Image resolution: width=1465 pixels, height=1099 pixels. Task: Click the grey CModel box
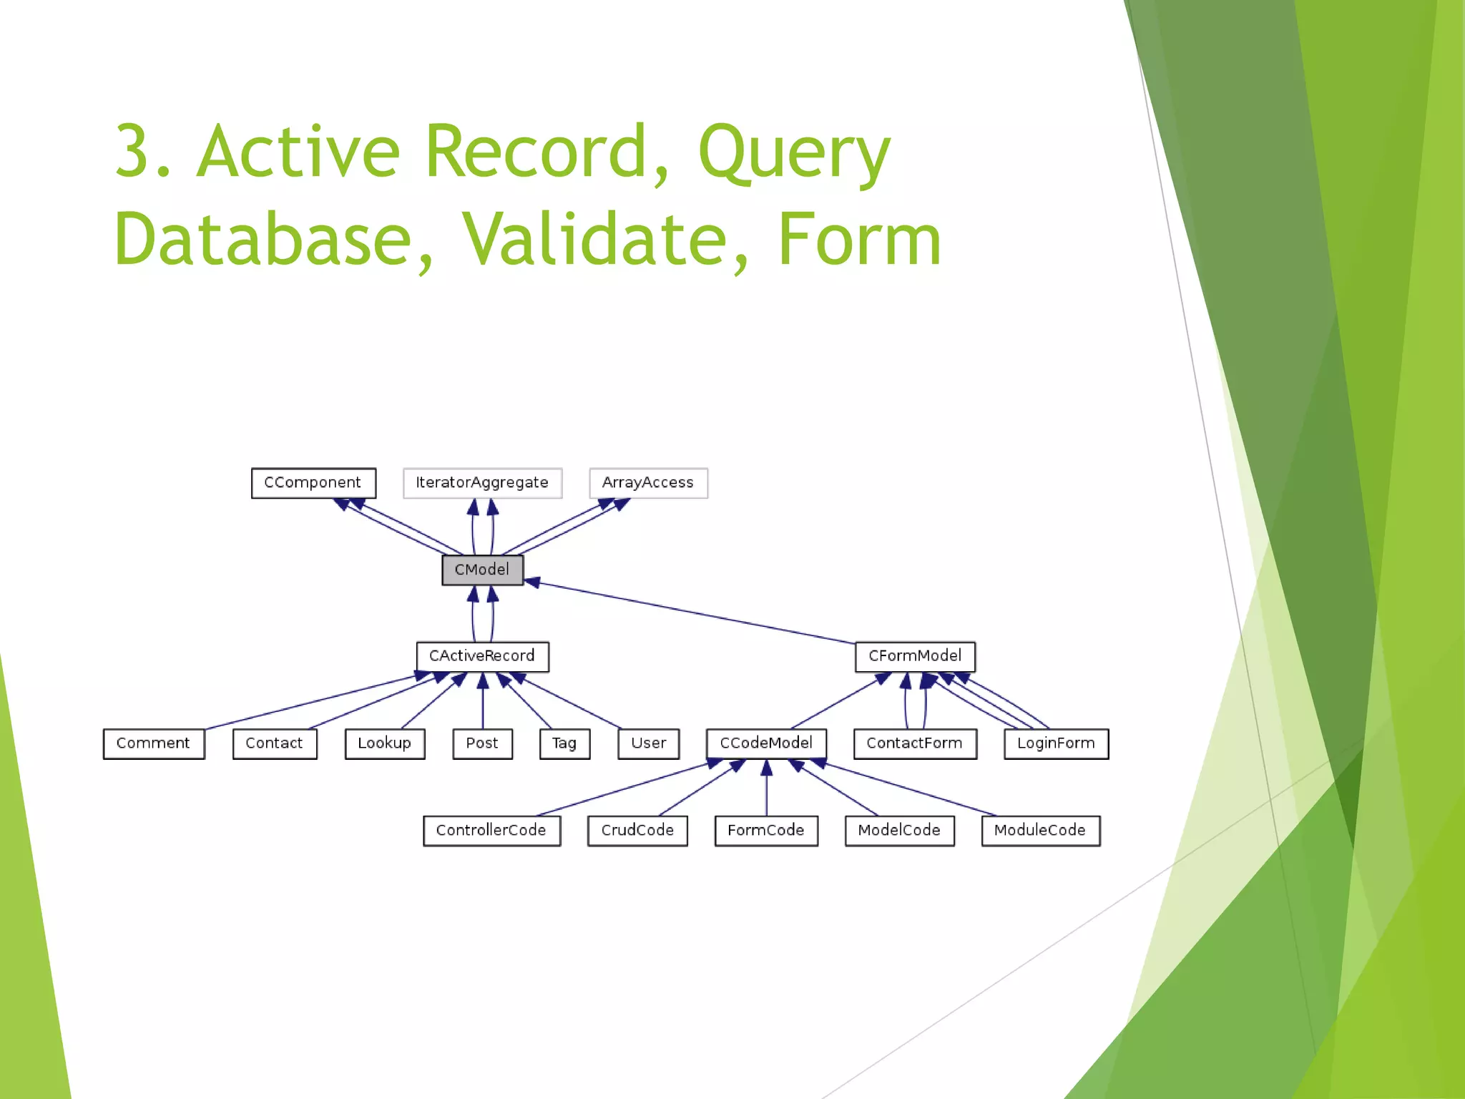(482, 570)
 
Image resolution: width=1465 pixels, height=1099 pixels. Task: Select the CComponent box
(313, 483)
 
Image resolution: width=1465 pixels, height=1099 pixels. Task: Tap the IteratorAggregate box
(482, 483)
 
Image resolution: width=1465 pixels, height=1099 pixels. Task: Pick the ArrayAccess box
(648, 483)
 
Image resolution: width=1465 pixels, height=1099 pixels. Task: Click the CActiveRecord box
(482, 656)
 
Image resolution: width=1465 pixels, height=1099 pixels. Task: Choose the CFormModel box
(915, 656)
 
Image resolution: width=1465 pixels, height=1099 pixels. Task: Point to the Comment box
(153, 743)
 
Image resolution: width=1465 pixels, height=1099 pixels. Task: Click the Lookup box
(385, 743)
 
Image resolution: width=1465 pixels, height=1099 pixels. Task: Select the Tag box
(564, 743)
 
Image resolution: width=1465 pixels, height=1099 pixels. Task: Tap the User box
(648, 743)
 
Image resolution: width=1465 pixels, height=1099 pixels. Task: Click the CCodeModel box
(766, 743)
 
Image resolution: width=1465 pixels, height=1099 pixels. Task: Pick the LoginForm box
(1056, 743)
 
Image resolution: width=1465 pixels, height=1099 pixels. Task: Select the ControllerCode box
(491, 831)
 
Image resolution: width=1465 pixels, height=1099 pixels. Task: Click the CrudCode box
(637, 831)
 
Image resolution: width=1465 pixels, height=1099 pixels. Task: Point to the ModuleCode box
(1040, 831)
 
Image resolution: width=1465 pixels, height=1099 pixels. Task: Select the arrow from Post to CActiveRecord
(483, 705)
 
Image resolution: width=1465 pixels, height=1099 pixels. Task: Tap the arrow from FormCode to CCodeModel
(767, 791)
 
